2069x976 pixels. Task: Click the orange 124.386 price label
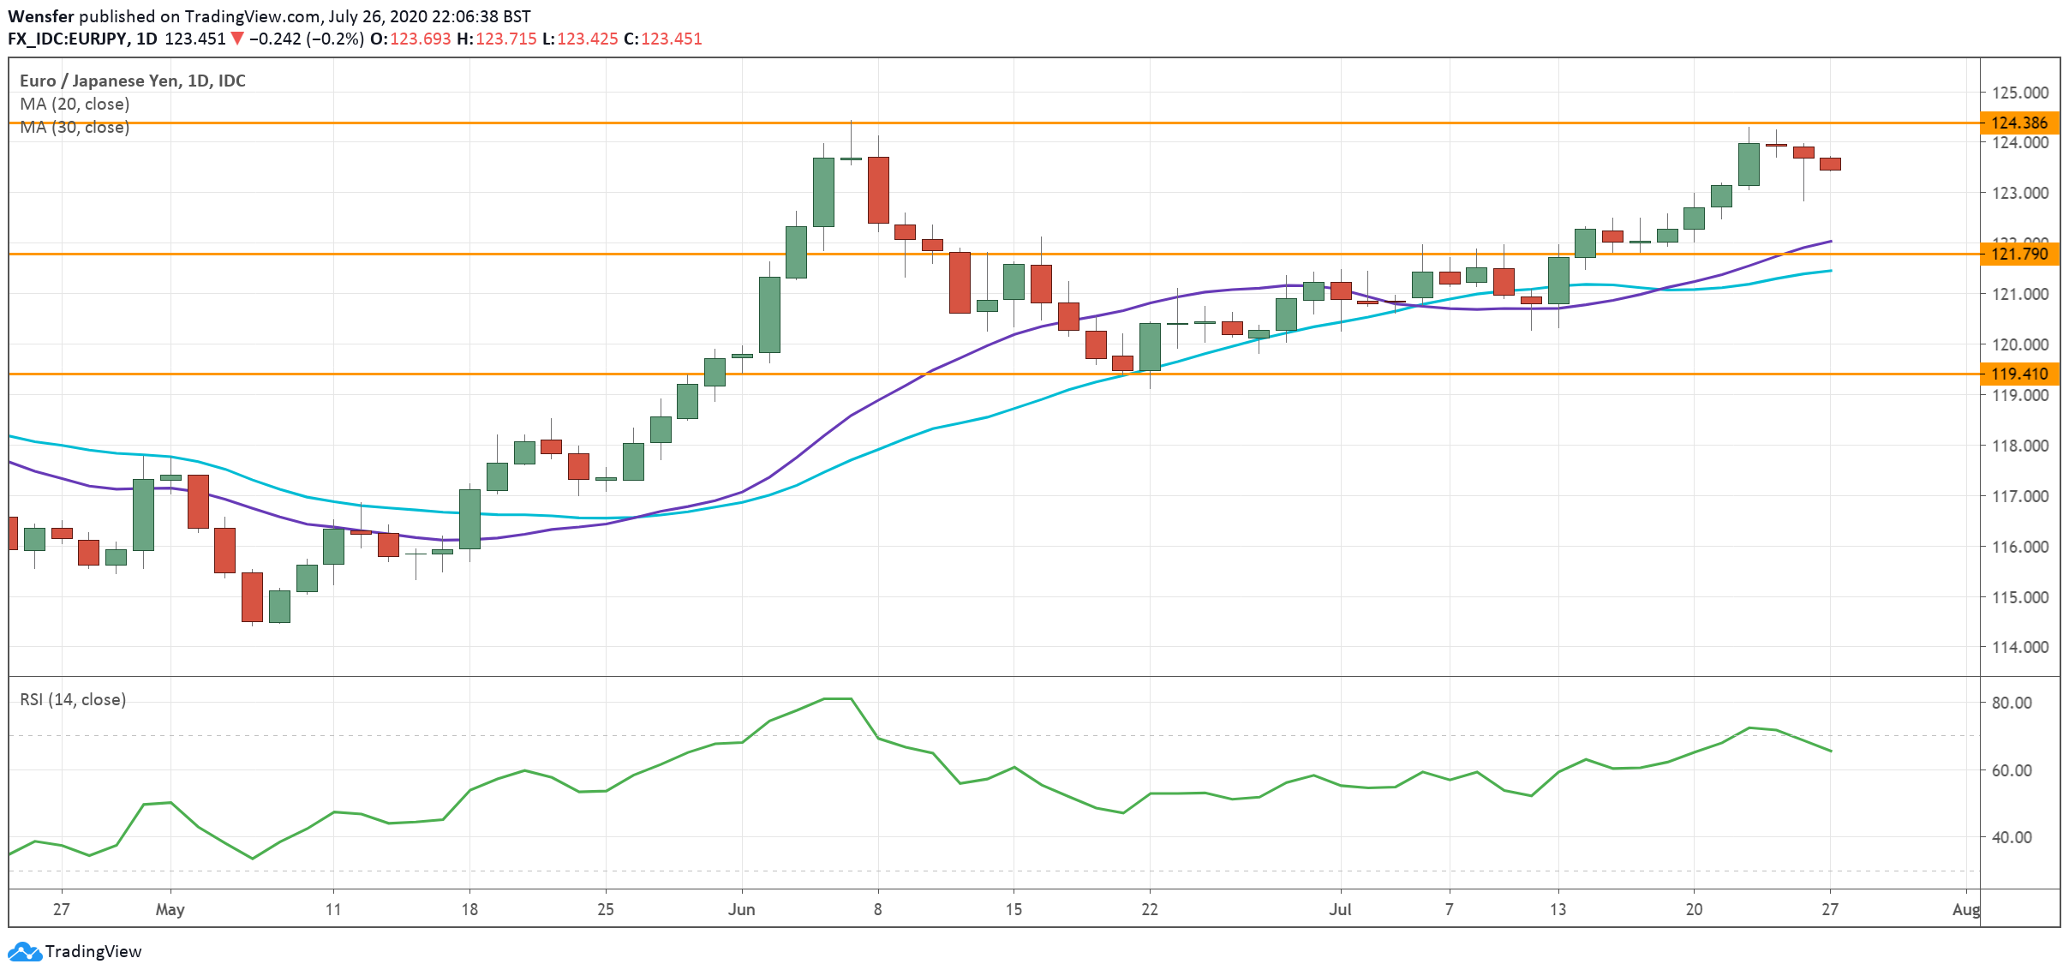click(x=2019, y=123)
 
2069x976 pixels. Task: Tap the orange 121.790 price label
click(x=2019, y=254)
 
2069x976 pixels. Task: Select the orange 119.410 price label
click(x=2019, y=374)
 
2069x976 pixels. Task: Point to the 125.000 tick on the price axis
click(x=2019, y=93)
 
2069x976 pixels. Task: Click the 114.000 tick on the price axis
click(x=2019, y=647)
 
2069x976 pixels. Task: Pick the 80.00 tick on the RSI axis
click(x=2011, y=703)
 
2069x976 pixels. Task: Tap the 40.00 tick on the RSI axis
click(x=2011, y=837)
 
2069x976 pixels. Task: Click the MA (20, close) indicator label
click(x=75, y=104)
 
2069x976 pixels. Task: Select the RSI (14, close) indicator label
click(x=73, y=699)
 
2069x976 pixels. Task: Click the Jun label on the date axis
click(x=741, y=909)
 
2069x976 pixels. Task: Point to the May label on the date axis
click(x=170, y=909)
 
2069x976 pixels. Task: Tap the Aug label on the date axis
click(x=1965, y=909)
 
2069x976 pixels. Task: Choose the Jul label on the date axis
click(x=1340, y=909)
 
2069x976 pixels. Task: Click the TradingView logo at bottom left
click(x=75, y=951)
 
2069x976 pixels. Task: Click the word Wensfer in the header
click(x=40, y=16)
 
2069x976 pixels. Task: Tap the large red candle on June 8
click(x=878, y=189)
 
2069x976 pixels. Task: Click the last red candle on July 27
click(x=1830, y=164)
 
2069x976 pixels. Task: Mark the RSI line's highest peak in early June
click(x=837, y=698)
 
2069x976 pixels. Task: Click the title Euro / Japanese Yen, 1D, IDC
click(x=133, y=81)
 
